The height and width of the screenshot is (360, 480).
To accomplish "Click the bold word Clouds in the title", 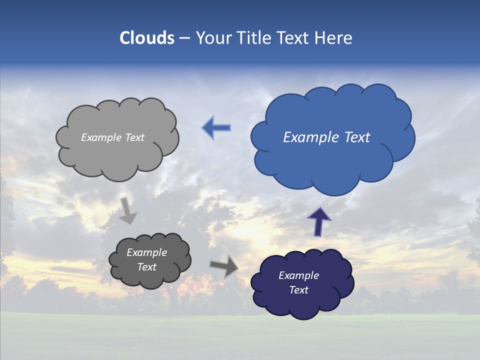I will tap(147, 38).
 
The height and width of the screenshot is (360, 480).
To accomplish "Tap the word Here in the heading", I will tap(334, 38).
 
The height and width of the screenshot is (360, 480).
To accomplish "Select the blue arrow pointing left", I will tap(216, 128).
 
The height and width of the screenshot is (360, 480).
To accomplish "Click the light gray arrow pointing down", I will tap(127, 210).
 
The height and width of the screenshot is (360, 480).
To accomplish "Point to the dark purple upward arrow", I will tap(319, 221).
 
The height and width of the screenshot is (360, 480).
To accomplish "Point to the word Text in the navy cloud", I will tap(299, 290).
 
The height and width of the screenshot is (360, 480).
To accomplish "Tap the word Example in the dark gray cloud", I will tap(146, 252).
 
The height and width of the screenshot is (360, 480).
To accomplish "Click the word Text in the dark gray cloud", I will tap(146, 267).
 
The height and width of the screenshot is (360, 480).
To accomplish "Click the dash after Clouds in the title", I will tap(184, 38).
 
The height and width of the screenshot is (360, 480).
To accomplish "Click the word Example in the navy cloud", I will tap(299, 275).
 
